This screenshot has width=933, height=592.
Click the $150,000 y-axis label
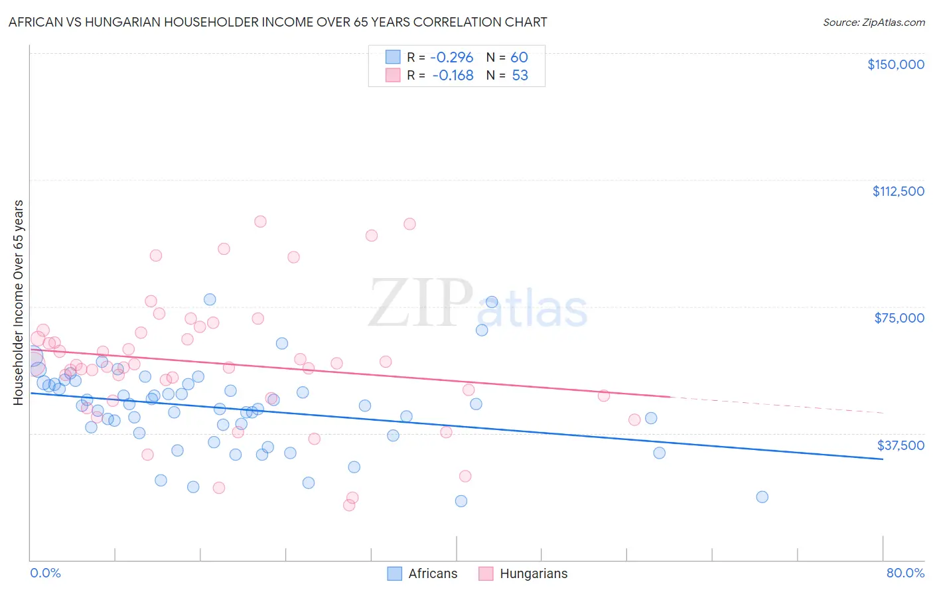click(895, 64)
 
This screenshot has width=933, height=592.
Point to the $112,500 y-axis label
click(898, 191)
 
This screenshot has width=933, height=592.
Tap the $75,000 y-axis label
click(899, 318)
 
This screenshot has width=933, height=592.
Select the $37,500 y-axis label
click(900, 445)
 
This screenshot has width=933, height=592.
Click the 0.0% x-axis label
click(45, 573)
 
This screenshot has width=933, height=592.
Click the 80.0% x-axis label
click(905, 573)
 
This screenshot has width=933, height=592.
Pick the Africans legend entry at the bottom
click(423, 573)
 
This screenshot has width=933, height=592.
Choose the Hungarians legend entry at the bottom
click(523, 573)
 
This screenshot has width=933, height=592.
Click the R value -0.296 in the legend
click(451, 58)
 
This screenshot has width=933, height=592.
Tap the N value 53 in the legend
click(520, 76)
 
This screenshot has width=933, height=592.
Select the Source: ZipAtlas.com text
click(873, 22)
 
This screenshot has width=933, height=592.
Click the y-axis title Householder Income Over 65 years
click(18, 302)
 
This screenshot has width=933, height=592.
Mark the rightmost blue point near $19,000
click(762, 497)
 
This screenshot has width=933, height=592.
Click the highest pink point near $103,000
click(260, 222)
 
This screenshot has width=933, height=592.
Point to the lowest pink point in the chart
click(349, 505)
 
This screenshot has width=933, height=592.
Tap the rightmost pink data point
click(634, 419)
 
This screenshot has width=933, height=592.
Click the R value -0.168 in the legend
click(453, 76)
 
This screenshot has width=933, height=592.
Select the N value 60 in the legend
click(519, 58)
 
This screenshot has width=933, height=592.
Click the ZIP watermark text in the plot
click(420, 303)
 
